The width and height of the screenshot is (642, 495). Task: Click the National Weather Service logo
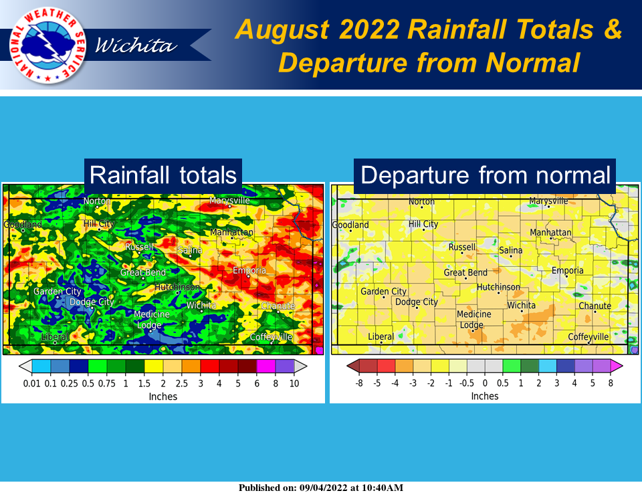pos(42,45)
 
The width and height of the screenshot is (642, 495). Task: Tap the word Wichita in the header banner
pos(136,46)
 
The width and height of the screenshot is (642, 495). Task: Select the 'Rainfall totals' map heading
pos(163,175)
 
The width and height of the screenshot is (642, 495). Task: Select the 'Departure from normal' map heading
pos(486,175)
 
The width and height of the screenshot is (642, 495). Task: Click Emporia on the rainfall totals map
pos(249,270)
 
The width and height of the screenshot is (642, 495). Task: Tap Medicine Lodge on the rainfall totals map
pos(152,320)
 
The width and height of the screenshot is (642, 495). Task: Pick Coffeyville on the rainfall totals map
pos(272,336)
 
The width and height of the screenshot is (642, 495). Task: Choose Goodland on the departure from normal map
pos(350,225)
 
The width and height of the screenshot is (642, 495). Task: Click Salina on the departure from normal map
pos(511,251)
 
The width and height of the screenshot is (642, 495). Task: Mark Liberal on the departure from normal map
pos(381,336)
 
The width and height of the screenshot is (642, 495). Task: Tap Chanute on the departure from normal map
pos(595,306)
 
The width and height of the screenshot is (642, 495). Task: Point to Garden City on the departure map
pos(383,292)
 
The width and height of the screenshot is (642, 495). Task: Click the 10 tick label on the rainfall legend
pos(294,383)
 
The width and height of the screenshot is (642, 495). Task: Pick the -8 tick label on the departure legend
pos(358,383)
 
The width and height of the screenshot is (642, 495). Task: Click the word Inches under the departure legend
pos(485,396)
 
